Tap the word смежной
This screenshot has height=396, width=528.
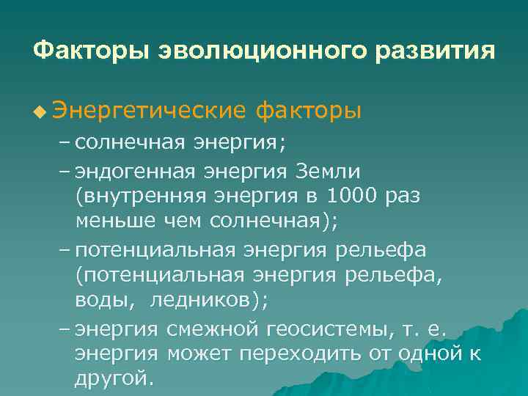210,329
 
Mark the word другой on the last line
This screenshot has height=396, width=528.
114,379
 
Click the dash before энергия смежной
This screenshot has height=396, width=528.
65,329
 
